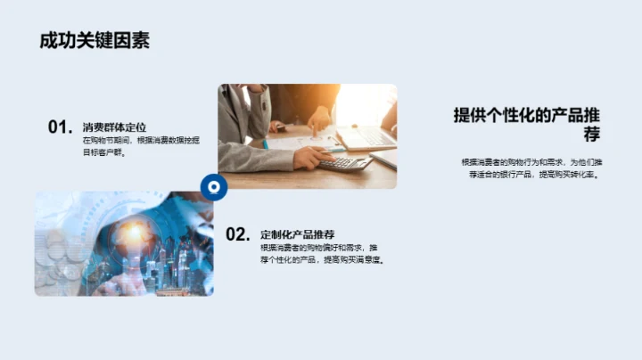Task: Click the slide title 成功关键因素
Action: tap(95, 40)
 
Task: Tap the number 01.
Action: tap(60, 127)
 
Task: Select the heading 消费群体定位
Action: tap(114, 127)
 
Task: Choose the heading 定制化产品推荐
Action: tap(297, 233)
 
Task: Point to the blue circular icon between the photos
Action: tap(213, 186)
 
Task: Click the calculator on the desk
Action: tap(345, 163)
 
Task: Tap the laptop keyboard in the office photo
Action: tap(365, 138)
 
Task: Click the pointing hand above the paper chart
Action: tap(318, 120)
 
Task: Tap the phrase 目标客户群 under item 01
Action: tap(104, 152)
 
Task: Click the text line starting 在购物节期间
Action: tap(141, 141)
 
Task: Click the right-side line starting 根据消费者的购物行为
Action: tap(531, 162)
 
